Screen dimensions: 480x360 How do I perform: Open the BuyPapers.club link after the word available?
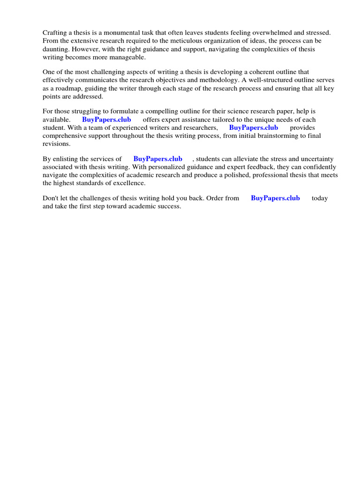pos(106,120)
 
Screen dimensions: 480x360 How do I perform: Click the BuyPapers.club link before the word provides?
pos(254,127)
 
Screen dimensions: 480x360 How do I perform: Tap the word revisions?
pos(56,143)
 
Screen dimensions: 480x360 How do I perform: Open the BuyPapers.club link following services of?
pos(158,159)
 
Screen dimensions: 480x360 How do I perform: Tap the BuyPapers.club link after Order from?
pos(275,198)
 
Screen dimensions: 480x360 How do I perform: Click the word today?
pos(320,198)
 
